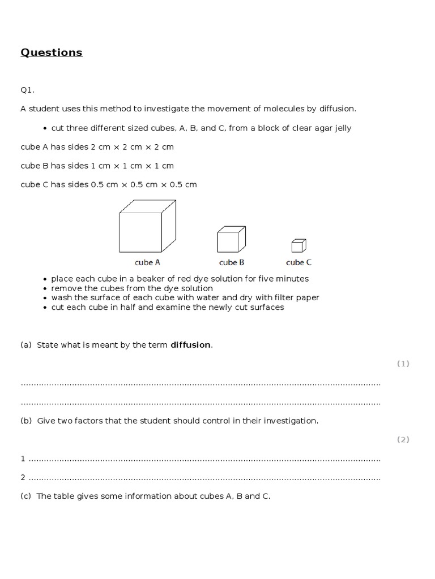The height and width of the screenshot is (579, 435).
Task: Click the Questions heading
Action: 52,53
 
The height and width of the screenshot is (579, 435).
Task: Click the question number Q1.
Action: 28,89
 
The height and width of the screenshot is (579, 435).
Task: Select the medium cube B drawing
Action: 231,239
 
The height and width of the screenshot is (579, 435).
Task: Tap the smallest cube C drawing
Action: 298,245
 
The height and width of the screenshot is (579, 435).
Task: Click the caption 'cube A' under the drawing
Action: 147,262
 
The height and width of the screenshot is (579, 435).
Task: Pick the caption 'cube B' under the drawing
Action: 232,262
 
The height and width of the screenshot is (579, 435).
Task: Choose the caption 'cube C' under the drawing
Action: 298,262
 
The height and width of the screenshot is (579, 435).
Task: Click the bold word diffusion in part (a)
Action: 191,345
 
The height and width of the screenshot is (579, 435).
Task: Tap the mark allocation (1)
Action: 403,364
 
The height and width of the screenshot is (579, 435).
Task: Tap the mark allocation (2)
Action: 403,439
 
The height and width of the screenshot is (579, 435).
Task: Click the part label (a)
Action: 26,345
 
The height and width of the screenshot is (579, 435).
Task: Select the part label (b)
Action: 26,421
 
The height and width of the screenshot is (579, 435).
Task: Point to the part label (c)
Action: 26,496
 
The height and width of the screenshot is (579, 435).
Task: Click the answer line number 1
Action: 23,459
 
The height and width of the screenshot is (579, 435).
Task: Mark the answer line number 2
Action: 23,478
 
